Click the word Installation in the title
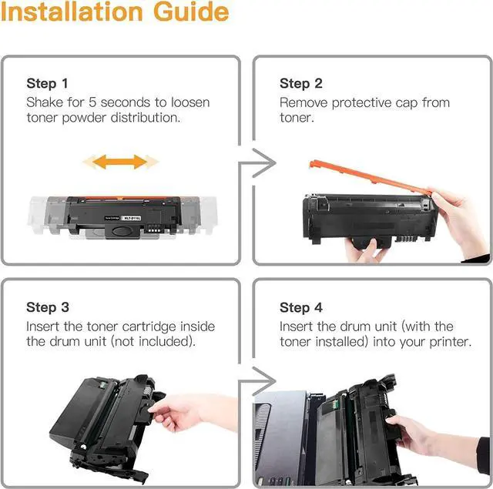pyautogui.click(x=72, y=12)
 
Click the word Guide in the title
pyautogui.click(x=191, y=12)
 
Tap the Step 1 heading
pyautogui.click(x=47, y=84)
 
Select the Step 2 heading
pyautogui.click(x=301, y=84)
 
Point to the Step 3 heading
pyautogui.click(x=48, y=307)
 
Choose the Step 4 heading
pyautogui.click(x=301, y=307)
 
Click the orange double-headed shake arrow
pyautogui.click(x=120, y=162)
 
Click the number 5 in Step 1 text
pyautogui.click(x=92, y=102)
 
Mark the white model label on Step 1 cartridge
pyautogui.click(x=132, y=218)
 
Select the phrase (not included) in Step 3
pyautogui.click(x=153, y=342)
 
